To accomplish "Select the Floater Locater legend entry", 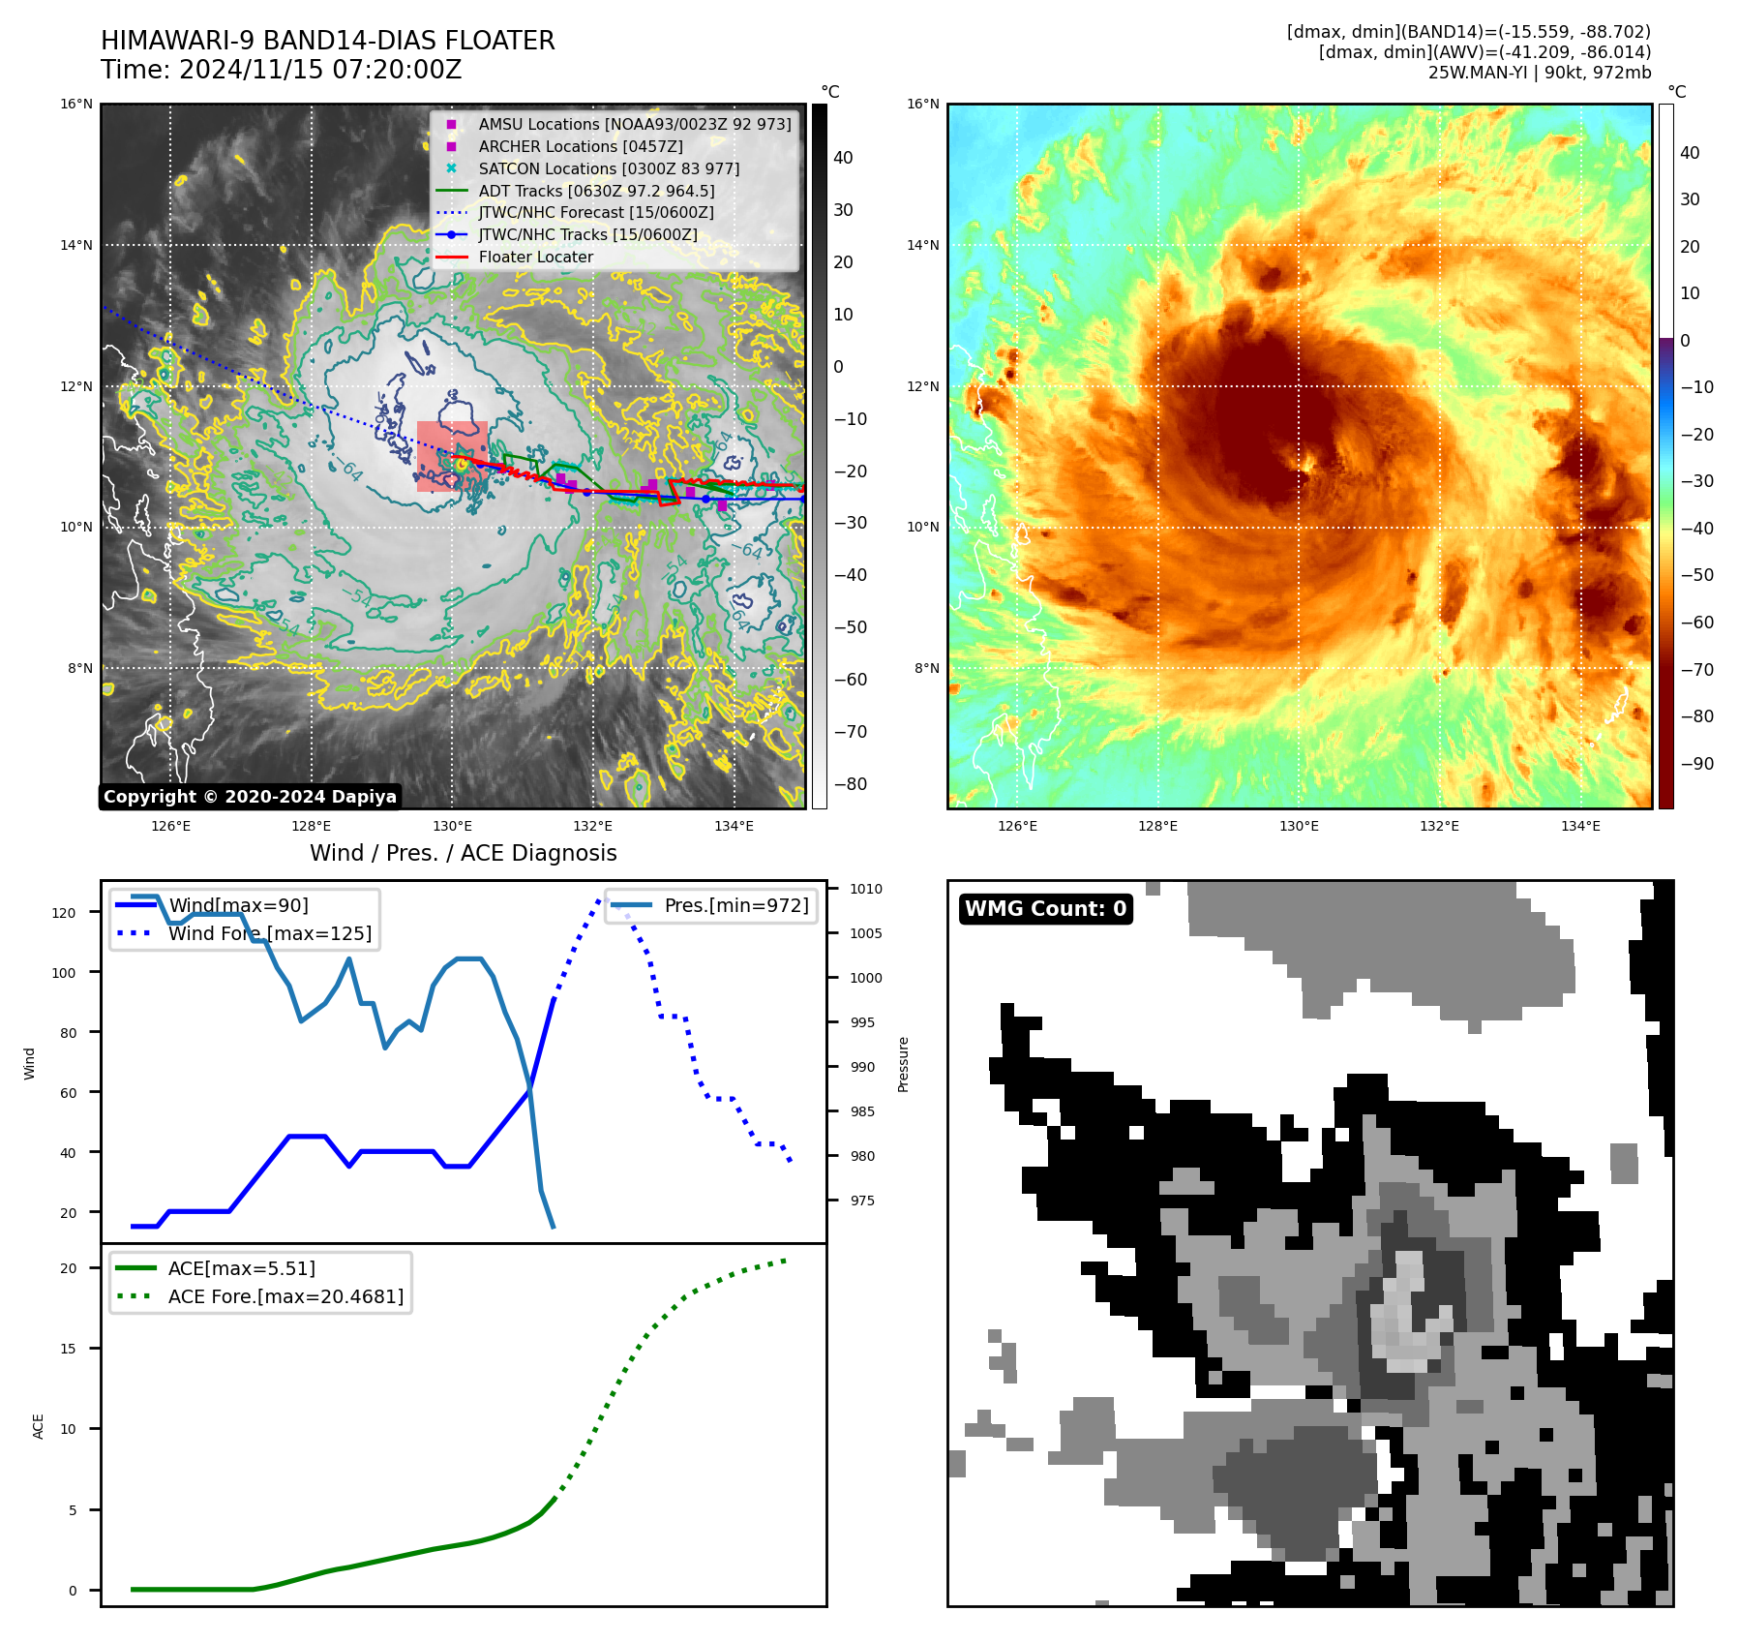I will [535, 257].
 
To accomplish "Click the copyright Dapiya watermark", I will [250, 797].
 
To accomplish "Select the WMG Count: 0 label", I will [1045, 908].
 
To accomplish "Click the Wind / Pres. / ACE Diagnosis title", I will [463, 853].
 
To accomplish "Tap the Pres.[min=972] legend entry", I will [735, 905].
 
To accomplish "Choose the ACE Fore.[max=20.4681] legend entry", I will [285, 1295].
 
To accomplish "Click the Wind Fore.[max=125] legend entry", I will [269, 933].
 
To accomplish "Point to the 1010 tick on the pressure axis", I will [866, 889].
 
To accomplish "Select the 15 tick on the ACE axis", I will [68, 1348].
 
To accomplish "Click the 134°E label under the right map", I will [1580, 826].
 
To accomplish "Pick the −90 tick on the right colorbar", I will [1695, 763].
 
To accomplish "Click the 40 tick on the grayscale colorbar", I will [843, 158].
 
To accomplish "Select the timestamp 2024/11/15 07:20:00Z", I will [320, 70].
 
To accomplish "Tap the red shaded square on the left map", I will [452, 456].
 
